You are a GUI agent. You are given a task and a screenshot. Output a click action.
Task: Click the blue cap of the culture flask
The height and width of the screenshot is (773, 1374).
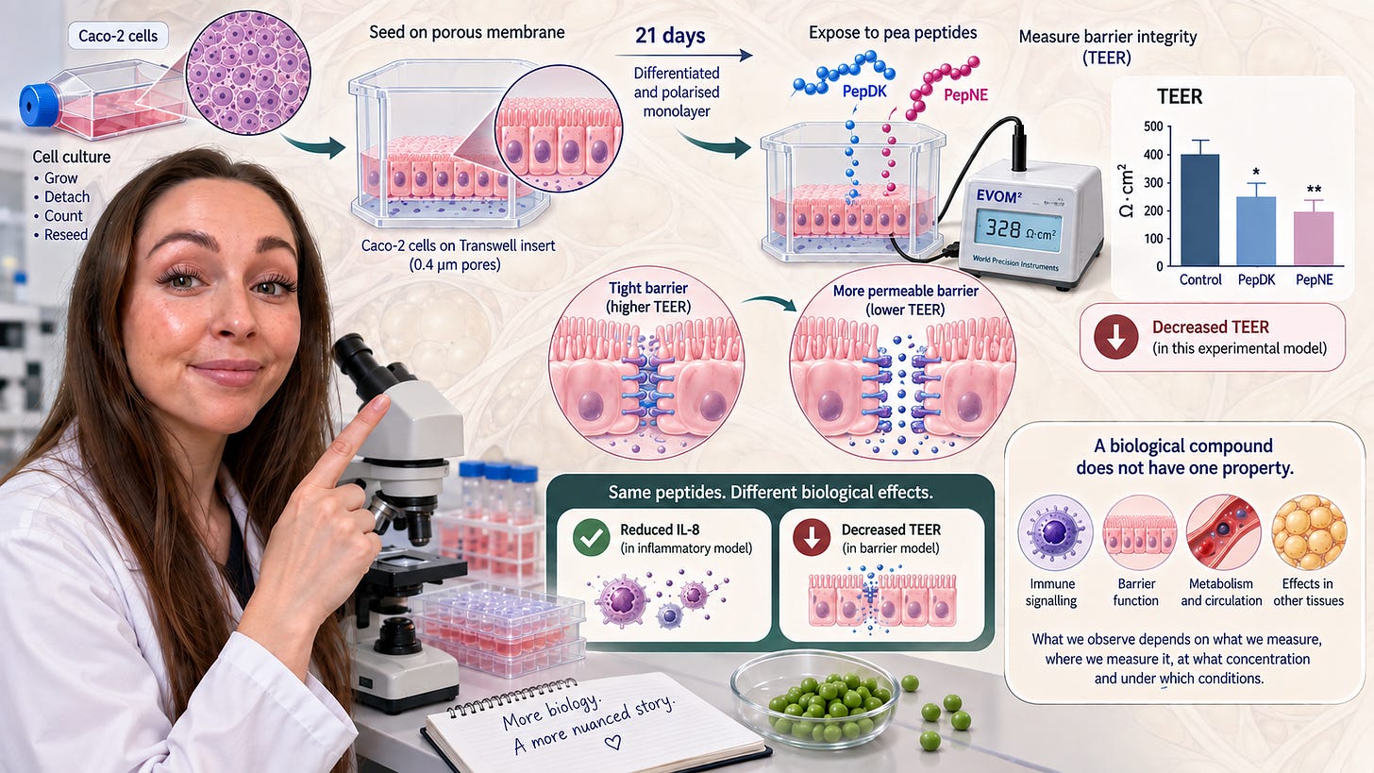click(38, 105)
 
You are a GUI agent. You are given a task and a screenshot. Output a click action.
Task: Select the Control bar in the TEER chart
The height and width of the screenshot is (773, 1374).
click(1199, 210)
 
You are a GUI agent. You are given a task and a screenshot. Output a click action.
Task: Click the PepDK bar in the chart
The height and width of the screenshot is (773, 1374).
click(1256, 231)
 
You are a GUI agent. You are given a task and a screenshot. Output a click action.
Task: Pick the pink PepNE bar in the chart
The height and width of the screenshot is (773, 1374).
click(1314, 239)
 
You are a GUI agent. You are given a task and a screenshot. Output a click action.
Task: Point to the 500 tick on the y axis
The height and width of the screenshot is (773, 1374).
click(1153, 126)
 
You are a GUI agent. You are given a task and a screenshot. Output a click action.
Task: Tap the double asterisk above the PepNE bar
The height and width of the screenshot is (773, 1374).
click(1314, 191)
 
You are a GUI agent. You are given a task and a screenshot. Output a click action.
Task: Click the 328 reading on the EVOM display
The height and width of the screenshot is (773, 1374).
click(1003, 228)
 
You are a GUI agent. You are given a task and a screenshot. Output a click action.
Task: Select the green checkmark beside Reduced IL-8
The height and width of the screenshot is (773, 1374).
click(591, 537)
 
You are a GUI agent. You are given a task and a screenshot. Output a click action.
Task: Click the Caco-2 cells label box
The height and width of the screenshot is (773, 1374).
click(118, 36)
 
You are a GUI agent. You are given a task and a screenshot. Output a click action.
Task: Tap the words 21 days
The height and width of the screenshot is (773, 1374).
click(670, 36)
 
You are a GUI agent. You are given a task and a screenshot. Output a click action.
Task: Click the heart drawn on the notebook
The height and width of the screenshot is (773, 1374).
click(612, 742)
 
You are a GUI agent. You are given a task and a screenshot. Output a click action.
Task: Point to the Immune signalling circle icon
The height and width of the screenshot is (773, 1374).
click(1055, 532)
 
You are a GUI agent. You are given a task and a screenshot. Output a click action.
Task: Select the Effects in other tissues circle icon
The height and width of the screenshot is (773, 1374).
click(1309, 532)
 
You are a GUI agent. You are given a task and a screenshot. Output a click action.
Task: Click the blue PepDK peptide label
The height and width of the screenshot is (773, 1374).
click(863, 92)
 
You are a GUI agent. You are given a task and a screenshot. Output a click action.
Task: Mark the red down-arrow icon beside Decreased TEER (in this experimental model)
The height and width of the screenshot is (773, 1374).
click(1115, 337)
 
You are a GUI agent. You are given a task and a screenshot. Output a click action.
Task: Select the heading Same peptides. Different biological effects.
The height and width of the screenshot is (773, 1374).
click(770, 492)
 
